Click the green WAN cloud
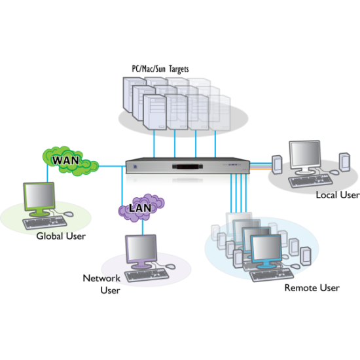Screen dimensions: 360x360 pyautogui.click(x=71, y=161)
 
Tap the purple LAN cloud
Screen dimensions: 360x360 pyautogui.click(x=141, y=207)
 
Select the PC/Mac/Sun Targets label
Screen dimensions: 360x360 pyautogui.click(x=160, y=69)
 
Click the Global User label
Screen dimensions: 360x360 pyautogui.click(x=61, y=236)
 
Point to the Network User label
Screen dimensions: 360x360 pyautogui.click(x=101, y=284)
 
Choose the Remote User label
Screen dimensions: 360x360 pyautogui.click(x=312, y=288)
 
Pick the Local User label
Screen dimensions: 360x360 pyautogui.click(x=338, y=195)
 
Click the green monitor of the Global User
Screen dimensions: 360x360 pyautogui.click(x=39, y=199)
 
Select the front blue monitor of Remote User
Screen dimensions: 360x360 pyautogui.click(x=266, y=252)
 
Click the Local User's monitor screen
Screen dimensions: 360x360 pyautogui.click(x=305, y=154)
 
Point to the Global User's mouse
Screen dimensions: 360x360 pyautogui.click(x=68, y=214)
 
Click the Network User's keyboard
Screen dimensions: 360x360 pyautogui.click(x=147, y=276)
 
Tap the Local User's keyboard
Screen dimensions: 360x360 pyautogui.click(x=310, y=181)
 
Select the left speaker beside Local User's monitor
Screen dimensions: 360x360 pyautogui.click(x=277, y=164)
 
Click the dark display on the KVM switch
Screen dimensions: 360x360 pyautogui.click(x=188, y=167)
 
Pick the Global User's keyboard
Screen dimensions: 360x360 pyautogui.click(x=45, y=223)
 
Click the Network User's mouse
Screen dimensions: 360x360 pyautogui.click(x=170, y=266)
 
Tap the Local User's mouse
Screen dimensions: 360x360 pyautogui.click(x=334, y=172)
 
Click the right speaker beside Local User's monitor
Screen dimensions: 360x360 pyautogui.click(x=344, y=162)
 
